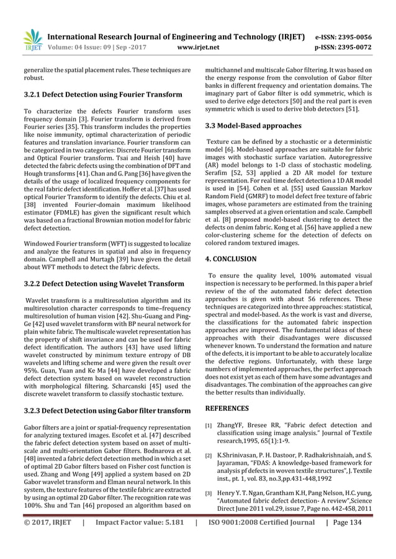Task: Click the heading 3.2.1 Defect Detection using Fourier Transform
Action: pos(103,94)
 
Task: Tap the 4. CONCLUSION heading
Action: pos(230,258)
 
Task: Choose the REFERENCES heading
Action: pos(227,408)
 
